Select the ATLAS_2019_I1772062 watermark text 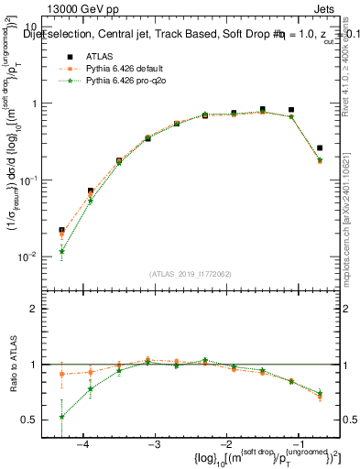point(191,274)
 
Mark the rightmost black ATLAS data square point(320,147)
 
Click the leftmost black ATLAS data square point(61,231)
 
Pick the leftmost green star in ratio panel point(61,417)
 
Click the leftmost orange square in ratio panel point(61,374)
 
